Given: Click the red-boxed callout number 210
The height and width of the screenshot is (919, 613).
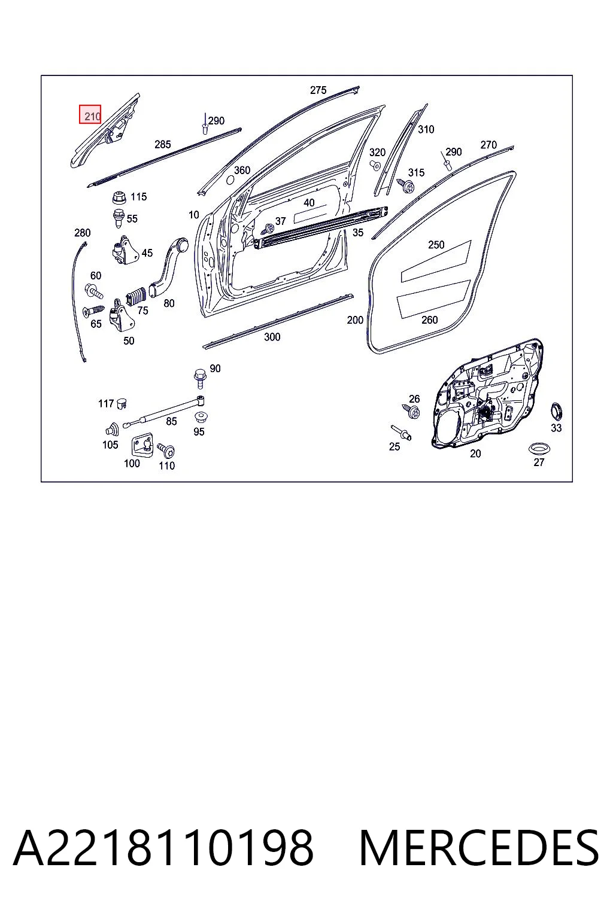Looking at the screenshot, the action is pos(92,117).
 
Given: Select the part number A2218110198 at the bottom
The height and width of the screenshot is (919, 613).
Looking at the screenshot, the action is pos(163,848).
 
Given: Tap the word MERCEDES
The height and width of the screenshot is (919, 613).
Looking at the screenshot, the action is pos(479,848).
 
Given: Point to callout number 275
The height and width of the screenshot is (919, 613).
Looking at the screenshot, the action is pos(318,90).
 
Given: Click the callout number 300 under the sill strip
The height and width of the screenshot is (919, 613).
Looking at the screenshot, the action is pos(272,337).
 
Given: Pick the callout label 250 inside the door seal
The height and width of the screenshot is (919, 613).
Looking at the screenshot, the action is pos(436,245).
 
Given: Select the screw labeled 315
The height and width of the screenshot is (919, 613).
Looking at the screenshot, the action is pos(406,186).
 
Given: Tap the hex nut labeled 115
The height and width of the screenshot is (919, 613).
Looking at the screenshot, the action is pos(119,198).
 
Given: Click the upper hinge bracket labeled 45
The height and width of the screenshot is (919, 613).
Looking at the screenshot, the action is pos(125,250).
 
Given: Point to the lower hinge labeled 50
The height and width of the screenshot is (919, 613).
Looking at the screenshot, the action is pos(121,315).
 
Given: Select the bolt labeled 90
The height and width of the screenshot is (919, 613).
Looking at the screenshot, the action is pos(199,378).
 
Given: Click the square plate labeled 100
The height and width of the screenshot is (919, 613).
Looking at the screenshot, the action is pos(142,445).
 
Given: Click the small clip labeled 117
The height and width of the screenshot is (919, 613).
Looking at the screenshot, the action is pos(122,404).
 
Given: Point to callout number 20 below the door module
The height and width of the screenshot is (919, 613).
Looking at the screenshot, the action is pos(475,454).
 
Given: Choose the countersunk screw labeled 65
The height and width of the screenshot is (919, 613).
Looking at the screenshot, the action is pos(93,311).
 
